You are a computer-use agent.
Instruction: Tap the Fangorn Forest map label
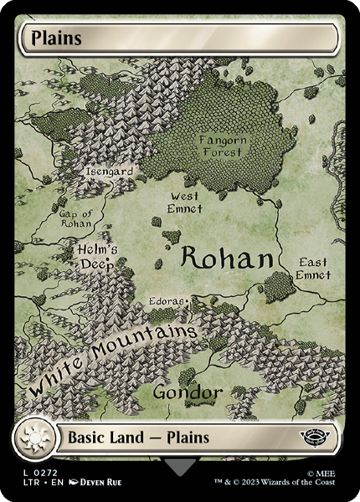pyautogui.click(x=222, y=146)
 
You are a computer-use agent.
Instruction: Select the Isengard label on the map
pyautogui.click(x=109, y=172)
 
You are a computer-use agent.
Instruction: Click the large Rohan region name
pyautogui.click(x=227, y=259)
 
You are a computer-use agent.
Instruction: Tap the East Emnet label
pyautogui.click(x=312, y=269)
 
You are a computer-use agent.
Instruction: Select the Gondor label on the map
pyautogui.click(x=188, y=392)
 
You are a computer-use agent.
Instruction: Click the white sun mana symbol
pyautogui.click(x=36, y=437)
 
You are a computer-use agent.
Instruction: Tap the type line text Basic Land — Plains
pyautogui.click(x=137, y=437)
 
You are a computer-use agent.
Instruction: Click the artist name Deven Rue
pyautogui.click(x=103, y=484)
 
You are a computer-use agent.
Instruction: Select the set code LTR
pyautogui.click(x=24, y=484)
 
